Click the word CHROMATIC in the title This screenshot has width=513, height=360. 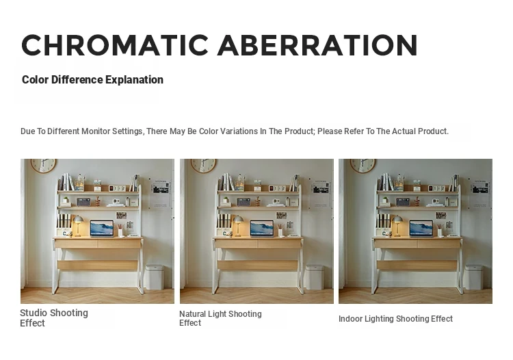115,45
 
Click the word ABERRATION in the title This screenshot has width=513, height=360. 317,45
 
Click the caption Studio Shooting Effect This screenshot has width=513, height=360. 54,318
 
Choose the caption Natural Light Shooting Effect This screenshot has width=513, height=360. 220,318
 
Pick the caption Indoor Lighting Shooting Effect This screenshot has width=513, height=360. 395,319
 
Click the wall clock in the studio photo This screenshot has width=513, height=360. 44,166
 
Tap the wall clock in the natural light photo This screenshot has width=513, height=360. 203,166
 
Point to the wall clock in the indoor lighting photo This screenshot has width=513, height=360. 363,166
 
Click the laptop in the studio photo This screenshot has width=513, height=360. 102,229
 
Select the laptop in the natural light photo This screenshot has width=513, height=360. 262,229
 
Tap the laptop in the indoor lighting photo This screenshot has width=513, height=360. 421,229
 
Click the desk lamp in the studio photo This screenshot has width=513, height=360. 78,225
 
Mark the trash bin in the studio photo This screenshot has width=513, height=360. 155,277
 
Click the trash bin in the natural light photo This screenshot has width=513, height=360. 315,277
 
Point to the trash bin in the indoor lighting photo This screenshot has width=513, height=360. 474,277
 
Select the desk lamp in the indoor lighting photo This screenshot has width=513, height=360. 397,225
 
